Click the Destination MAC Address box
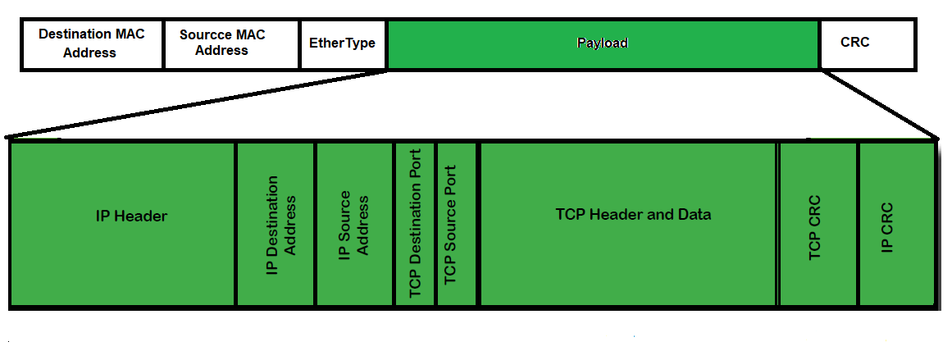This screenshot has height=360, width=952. pos(91,43)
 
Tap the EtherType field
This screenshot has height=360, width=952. pos(343,43)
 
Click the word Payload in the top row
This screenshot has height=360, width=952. pos(603,43)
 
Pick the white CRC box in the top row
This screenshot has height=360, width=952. pos(866,43)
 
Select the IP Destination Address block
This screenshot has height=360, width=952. pos(276,224)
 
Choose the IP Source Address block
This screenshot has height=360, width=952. pos(354,224)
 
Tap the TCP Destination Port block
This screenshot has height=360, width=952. pos(415,224)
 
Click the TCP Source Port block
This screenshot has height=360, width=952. pos(456,224)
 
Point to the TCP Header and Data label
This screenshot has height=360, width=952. pos(633,215)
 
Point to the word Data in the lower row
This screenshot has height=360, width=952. pos(695,215)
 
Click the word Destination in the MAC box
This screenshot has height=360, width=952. pos(75,34)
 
